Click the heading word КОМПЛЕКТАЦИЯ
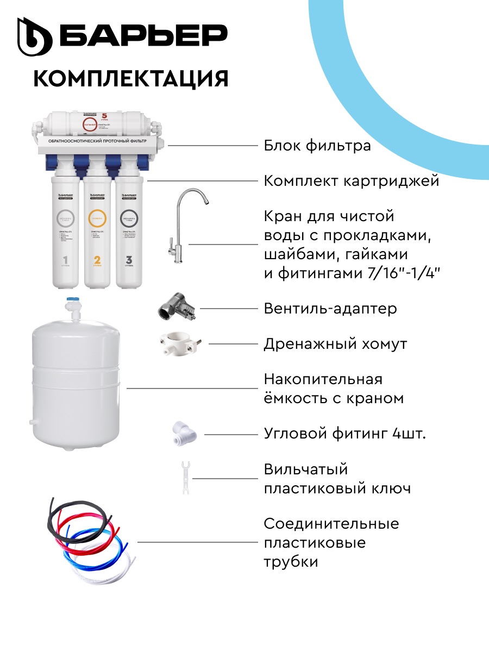coord(130,78)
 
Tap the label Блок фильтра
coord(317,146)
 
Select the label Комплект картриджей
coord(351,181)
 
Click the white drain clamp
coord(181,343)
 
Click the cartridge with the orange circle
coord(98,234)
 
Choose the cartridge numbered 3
coord(129,234)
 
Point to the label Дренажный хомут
coord(335,344)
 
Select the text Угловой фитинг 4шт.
coord(344,434)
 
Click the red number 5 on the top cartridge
coord(104,116)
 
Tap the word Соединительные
coord(331,524)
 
